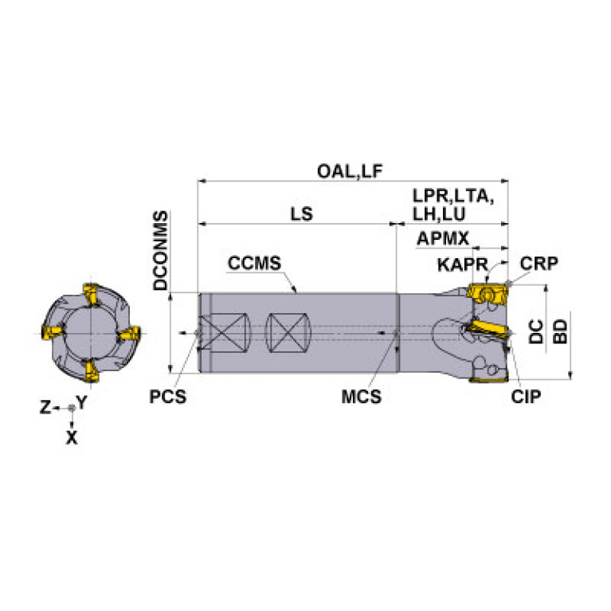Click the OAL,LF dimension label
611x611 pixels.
pos(350,171)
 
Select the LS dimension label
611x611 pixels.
pos(302,214)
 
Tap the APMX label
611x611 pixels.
pos(443,238)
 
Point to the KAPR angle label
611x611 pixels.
pos(463,264)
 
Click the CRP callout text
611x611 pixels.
pos(539,264)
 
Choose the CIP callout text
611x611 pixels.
pos(526,397)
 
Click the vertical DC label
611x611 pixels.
pos(536,331)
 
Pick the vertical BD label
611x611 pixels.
pos(560,331)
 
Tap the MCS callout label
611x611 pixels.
pos(361,397)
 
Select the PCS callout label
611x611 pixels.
pos(168,397)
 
